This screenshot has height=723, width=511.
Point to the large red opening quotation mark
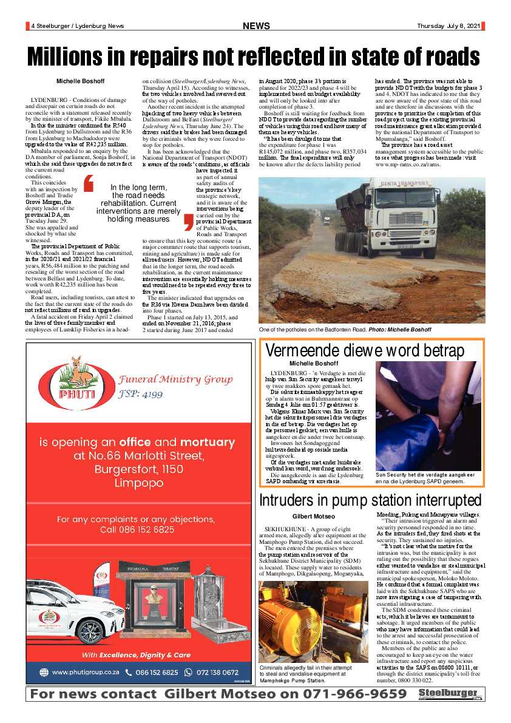[89, 185]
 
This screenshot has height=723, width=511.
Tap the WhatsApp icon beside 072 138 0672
[188, 672]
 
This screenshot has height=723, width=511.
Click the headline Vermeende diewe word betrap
[365, 351]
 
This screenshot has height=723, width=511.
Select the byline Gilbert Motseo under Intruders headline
[313, 516]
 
